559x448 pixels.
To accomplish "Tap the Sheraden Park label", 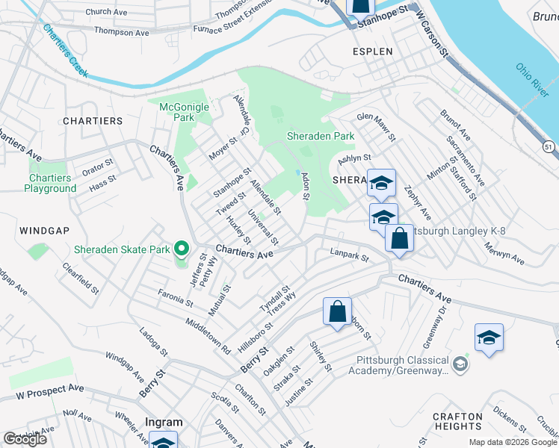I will click(x=321, y=137).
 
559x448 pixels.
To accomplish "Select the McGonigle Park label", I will click(x=185, y=112).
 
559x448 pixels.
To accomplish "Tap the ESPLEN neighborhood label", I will click(x=372, y=52).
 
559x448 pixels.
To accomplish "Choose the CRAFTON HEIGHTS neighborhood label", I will click(x=457, y=421).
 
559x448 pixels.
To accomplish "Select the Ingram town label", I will click(x=164, y=422).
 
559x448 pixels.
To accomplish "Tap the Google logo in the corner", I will click(x=25, y=439).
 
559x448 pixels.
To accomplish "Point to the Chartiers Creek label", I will click(x=65, y=52).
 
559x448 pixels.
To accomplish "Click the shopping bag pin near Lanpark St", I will click(x=400, y=239).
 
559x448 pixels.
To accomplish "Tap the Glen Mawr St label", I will click(x=375, y=127).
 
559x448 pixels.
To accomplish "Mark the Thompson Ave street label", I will click(x=121, y=33).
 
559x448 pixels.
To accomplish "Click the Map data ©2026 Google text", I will click(x=513, y=442).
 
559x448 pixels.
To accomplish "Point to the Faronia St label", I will click(x=175, y=299).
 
